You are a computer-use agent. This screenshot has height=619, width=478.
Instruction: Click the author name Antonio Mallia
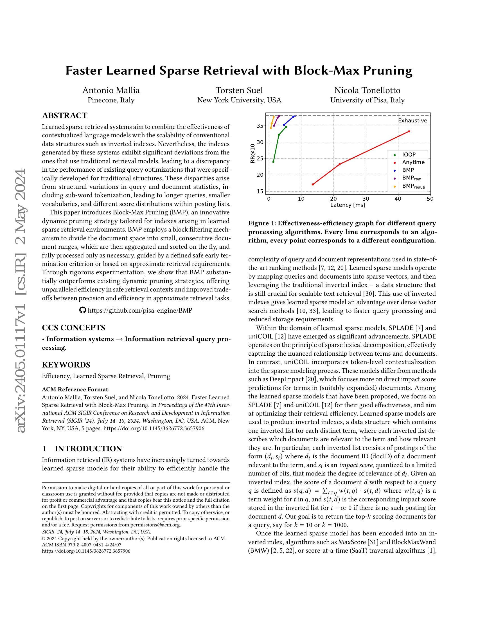111,90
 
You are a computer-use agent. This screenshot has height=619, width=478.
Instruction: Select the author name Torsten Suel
239,90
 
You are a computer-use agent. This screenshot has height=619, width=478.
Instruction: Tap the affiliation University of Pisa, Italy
367,100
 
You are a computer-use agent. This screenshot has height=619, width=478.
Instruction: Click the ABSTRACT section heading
65,116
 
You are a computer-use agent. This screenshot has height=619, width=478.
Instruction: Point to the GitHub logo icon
82,310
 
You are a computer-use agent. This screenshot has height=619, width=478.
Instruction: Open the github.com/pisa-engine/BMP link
140,310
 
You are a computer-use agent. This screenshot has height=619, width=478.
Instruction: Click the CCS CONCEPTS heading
73,328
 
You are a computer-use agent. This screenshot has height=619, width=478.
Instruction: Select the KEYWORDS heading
66,364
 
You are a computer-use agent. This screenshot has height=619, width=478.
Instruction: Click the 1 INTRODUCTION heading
82,449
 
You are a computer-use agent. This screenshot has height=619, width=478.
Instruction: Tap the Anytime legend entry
413,162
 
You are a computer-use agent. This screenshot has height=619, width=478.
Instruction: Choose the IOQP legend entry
409,155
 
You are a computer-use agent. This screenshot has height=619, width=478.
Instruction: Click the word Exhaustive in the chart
412,121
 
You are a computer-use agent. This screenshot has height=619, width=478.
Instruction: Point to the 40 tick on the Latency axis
398,199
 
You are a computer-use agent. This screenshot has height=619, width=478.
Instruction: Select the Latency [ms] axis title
348,205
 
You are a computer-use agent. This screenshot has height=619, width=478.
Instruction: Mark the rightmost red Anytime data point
409,131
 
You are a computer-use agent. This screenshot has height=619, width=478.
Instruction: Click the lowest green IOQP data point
273,162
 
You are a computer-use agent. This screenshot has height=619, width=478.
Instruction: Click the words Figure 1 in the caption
261,223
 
